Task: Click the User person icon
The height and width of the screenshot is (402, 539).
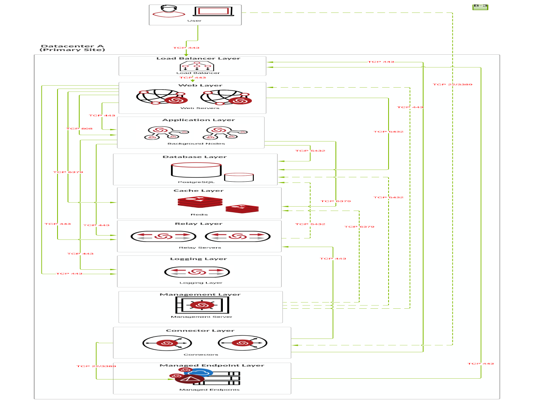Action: (x=169, y=11)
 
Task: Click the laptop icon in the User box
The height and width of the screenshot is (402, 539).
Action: (x=213, y=11)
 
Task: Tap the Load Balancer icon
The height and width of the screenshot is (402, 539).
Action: (x=197, y=66)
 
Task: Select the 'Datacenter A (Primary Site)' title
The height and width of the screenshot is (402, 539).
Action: (x=72, y=48)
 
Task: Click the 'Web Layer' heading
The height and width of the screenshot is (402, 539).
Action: (x=200, y=85)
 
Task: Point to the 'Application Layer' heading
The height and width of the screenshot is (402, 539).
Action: (x=198, y=120)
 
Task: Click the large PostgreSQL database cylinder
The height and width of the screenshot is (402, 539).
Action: (x=196, y=170)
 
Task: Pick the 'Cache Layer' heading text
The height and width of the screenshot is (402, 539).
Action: (x=198, y=191)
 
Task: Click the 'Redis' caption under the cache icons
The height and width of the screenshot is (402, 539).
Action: (x=199, y=215)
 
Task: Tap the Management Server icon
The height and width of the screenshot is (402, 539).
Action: (x=202, y=305)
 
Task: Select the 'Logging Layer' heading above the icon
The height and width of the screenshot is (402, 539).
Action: (x=198, y=259)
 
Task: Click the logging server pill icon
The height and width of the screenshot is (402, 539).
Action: (x=197, y=272)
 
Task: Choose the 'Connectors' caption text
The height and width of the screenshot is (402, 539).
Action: (x=201, y=355)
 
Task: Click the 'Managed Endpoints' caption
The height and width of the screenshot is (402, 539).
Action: (x=209, y=390)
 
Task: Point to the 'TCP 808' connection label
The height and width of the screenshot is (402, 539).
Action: (x=79, y=129)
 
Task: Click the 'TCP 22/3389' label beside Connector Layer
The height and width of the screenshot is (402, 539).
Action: (x=96, y=366)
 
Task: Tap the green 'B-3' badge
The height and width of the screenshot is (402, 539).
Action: (x=480, y=6)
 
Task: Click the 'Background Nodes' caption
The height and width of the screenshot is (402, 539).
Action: (x=196, y=144)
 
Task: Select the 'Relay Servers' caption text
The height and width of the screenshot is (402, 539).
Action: (x=200, y=248)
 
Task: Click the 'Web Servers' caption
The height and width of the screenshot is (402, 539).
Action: (x=200, y=108)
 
